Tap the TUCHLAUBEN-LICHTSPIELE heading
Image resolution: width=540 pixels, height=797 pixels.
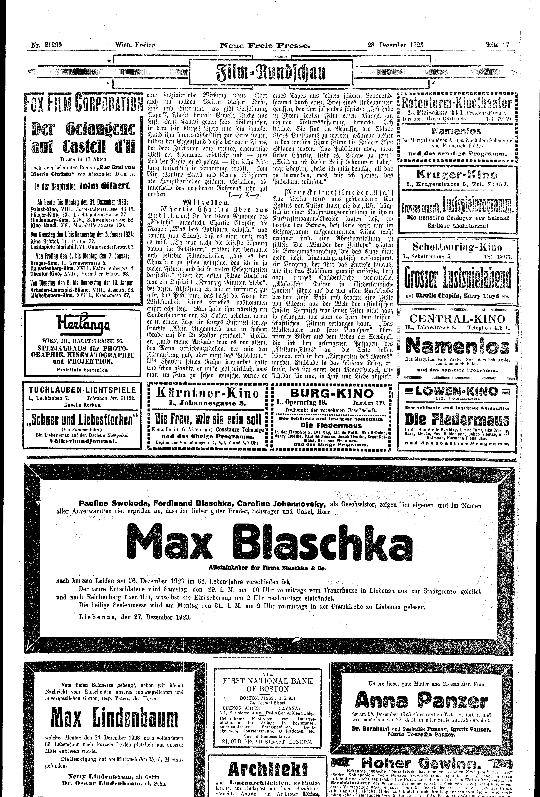coord(82,390)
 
